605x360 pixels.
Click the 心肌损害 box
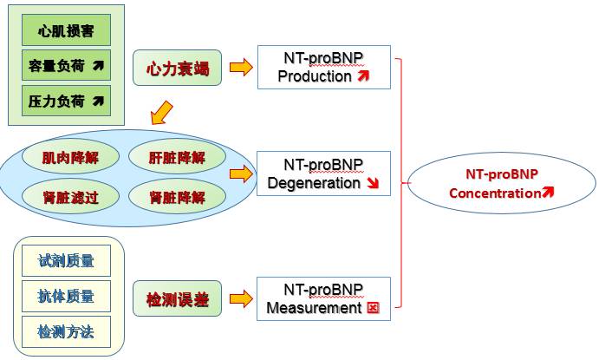(x=67, y=30)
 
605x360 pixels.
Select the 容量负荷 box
(x=67, y=66)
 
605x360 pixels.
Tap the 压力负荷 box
(x=67, y=101)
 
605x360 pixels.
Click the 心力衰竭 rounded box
(x=178, y=67)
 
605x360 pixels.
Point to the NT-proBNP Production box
(x=323, y=67)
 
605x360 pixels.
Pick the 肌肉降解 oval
(x=70, y=158)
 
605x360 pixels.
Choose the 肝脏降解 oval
(x=177, y=158)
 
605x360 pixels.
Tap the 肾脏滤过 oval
(x=70, y=197)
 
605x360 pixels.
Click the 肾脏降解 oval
(x=177, y=197)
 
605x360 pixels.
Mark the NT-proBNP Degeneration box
(x=323, y=173)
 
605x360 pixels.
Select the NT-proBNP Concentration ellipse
(x=501, y=183)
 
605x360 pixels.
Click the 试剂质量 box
(x=66, y=261)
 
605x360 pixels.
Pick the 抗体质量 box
(x=66, y=296)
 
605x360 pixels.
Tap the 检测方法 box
(x=66, y=331)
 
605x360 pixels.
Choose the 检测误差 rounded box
(x=177, y=298)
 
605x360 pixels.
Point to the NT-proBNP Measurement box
(x=323, y=298)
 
